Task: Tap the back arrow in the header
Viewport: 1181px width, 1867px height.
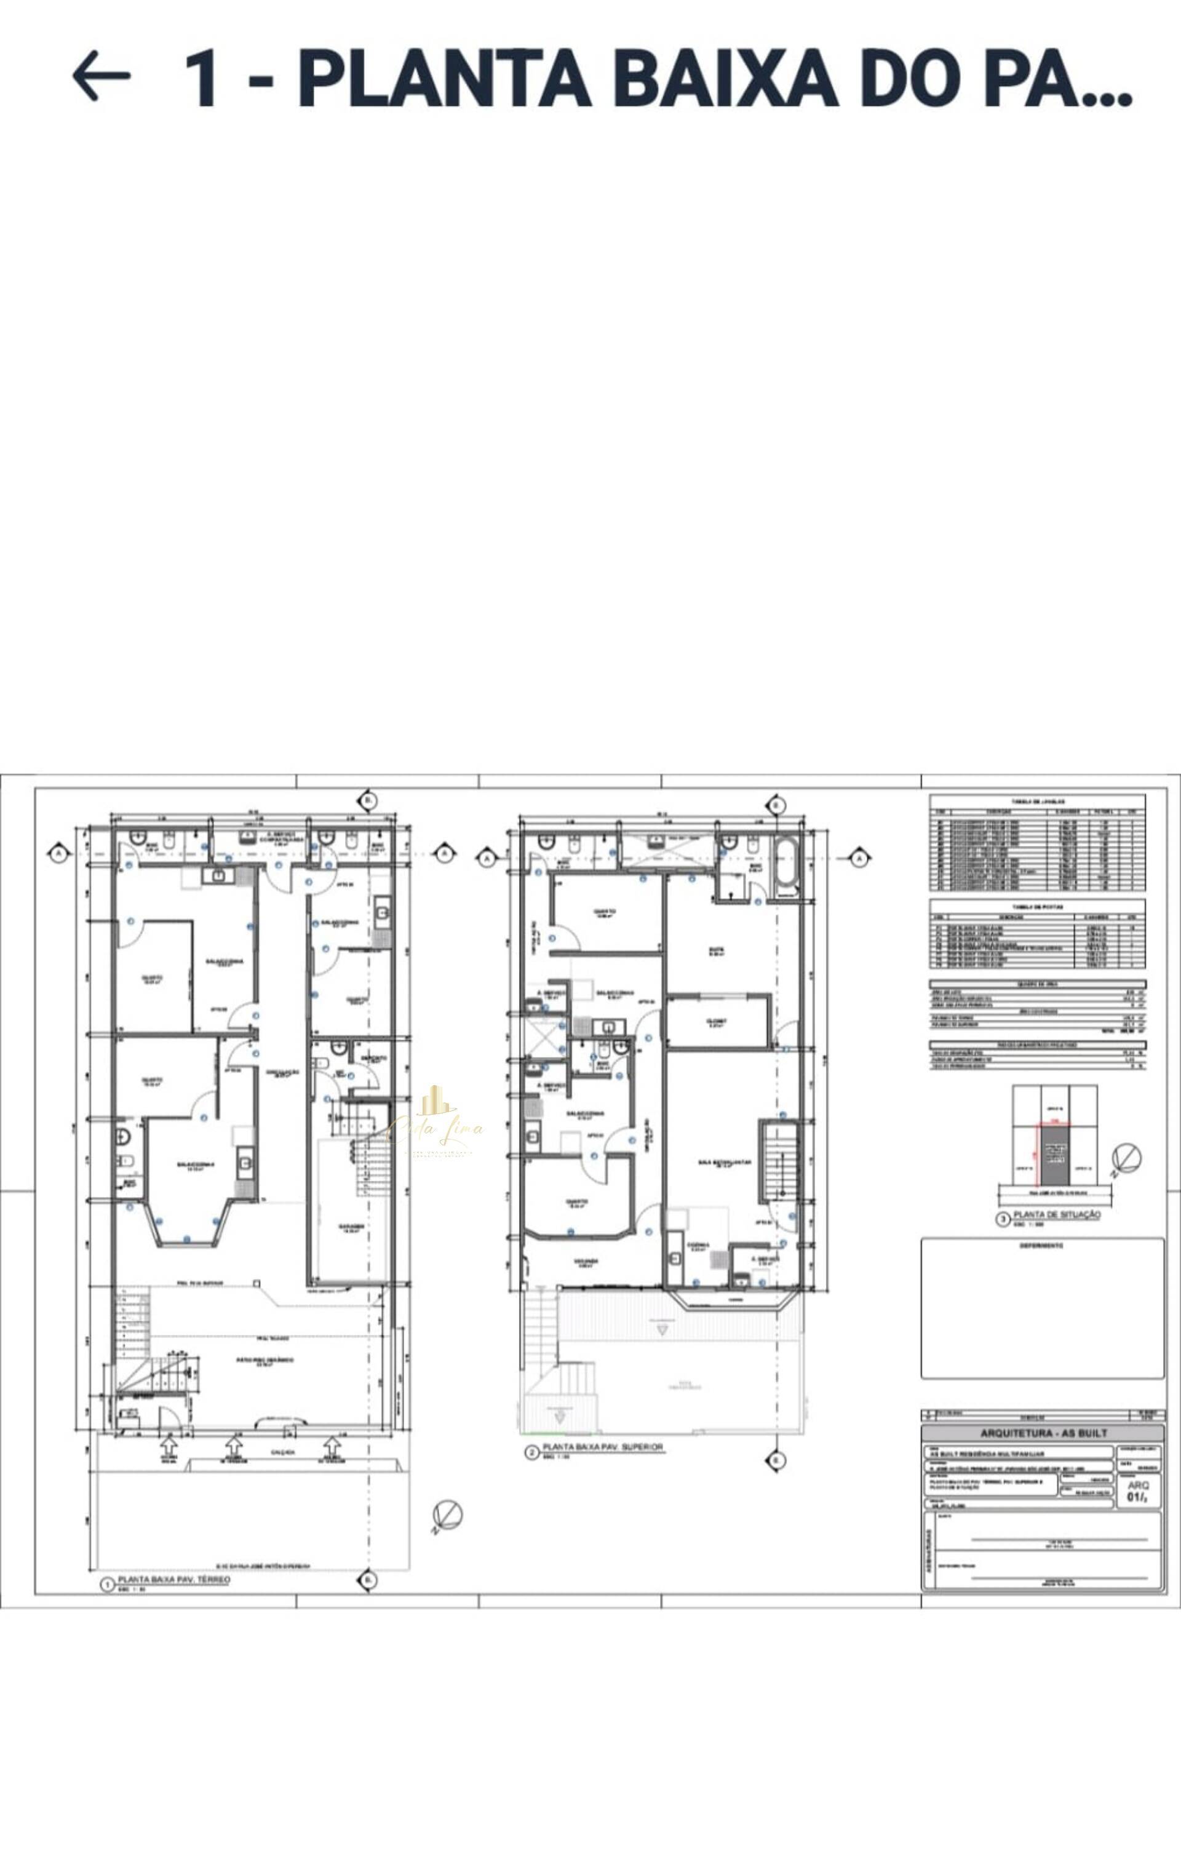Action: tap(101, 76)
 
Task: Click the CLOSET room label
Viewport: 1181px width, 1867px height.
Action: tap(717, 1022)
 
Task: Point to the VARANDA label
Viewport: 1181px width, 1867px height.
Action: tap(586, 1262)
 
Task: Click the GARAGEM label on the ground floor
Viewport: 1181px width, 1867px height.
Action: tap(351, 1228)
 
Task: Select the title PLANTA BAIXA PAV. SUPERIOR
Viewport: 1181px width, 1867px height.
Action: tap(603, 1447)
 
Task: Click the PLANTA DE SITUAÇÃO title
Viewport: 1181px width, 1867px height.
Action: tap(1057, 1214)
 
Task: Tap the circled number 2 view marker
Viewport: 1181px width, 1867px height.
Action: tap(532, 1452)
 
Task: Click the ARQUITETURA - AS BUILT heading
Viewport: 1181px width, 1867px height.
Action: tap(1043, 1433)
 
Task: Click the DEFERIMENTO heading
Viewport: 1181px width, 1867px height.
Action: tap(1041, 1246)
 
